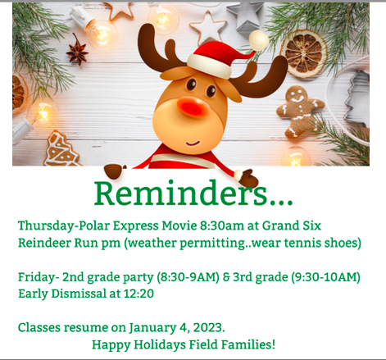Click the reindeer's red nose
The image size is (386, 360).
pyautogui.click(x=193, y=107)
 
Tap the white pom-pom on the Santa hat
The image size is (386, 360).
pyautogui.click(x=259, y=40)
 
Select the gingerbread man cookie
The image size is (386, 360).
pyautogui.click(x=300, y=111)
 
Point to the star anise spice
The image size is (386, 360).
pyautogui.click(x=77, y=51)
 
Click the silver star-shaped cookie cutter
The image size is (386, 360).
pyautogui.click(x=244, y=17)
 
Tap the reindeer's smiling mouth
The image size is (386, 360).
pyautogui.click(x=193, y=144)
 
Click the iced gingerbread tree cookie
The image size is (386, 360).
pyautogui.click(x=61, y=149)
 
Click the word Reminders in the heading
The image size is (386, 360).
pyautogui.click(x=180, y=193)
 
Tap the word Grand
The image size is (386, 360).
pyautogui.click(x=280, y=226)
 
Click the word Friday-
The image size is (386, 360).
pyautogui.click(x=39, y=277)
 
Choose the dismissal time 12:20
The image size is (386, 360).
pyautogui.click(x=139, y=294)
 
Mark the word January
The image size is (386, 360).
pyautogui.click(x=152, y=328)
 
